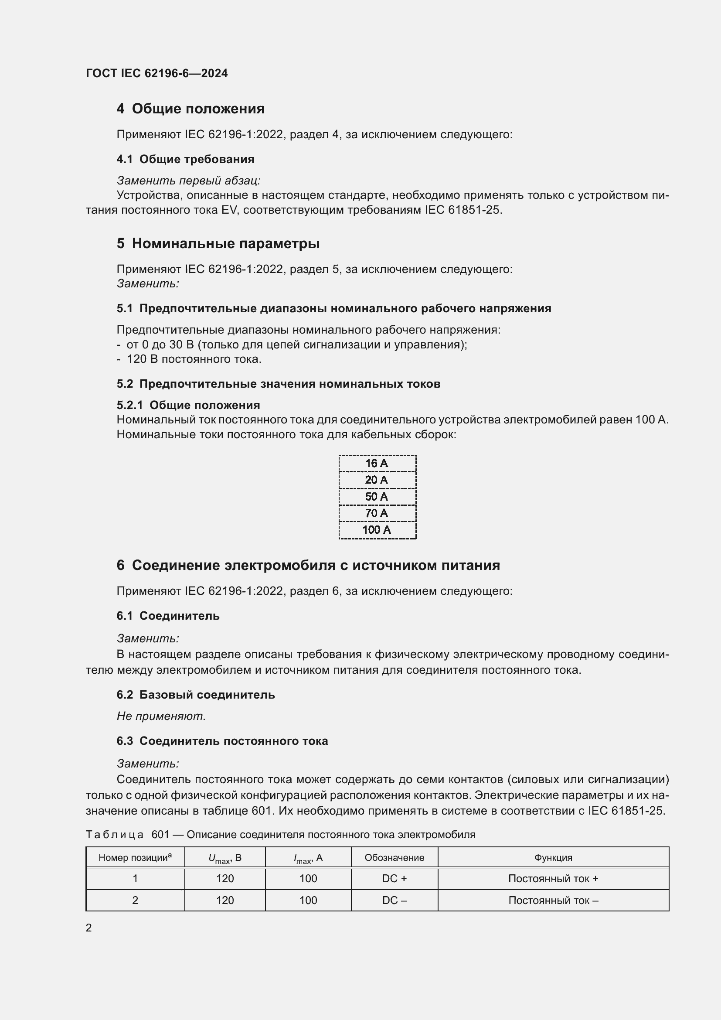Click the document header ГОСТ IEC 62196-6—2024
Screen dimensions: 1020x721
[x=157, y=73]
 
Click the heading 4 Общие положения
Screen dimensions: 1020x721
[x=190, y=109]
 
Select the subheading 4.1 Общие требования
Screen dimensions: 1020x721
[x=185, y=159]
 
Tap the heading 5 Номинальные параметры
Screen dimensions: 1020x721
[x=218, y=243]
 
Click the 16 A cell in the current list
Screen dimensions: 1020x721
[x=377, y=464]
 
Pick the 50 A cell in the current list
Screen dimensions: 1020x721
[x=377, y=497]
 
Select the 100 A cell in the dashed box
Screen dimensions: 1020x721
[x=377, y=530]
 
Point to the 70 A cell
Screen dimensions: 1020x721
[x=377, y=513]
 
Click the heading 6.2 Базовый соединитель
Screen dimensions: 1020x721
[x=195, y=695]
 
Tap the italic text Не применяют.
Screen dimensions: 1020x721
[x=161, y=716]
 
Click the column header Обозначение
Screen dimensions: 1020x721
[x=394, y=857]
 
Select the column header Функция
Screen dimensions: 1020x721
[x=553, y=857]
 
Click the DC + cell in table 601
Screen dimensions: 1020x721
[x=394, y=879]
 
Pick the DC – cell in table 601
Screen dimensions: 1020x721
[x=394, y=901]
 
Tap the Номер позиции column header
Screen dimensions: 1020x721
[x=135, y=857]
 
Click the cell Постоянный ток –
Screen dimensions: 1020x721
[x=553, y=901]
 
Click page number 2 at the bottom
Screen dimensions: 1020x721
[x=89, y=928]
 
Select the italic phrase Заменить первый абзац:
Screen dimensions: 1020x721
[x=188, y=181]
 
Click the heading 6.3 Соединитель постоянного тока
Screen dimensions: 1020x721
[x=222, y=741]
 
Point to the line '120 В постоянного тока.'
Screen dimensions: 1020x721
[x=194, y=359]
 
